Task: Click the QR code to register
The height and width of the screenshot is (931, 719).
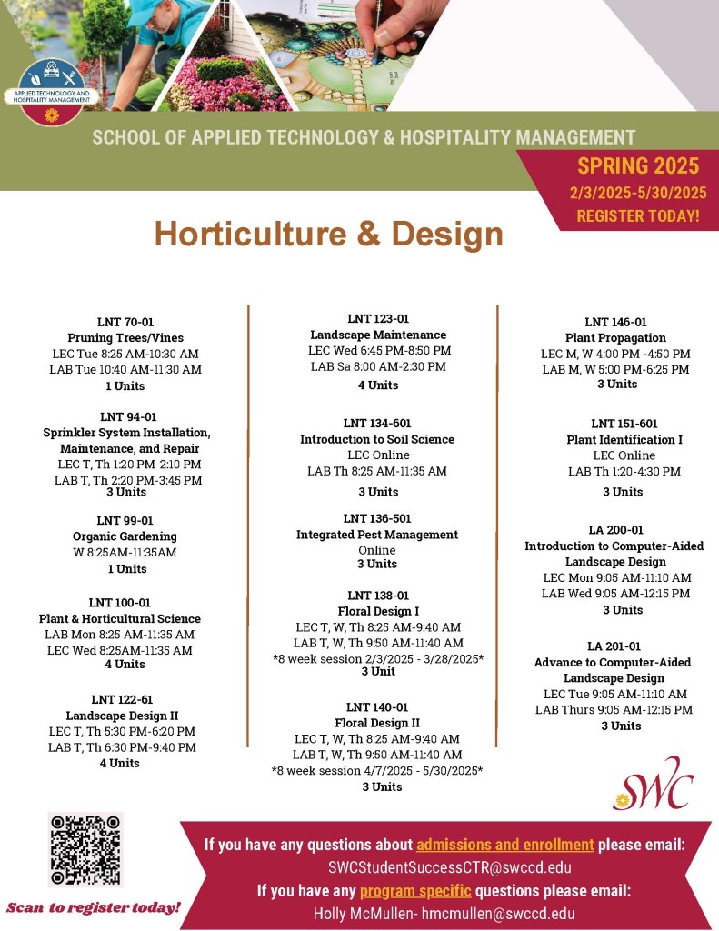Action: [85, 850]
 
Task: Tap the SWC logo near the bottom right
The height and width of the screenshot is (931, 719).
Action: [653, 784]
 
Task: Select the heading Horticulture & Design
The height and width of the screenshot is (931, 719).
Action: [328, 234]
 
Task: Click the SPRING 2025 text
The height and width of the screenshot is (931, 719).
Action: [638, 165]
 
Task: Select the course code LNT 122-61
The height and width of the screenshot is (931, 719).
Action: [122, 699]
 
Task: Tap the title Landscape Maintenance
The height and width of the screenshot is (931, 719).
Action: [378, 335]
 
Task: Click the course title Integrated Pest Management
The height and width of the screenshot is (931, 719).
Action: [377, 535]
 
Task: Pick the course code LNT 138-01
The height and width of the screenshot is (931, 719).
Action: [377, 596]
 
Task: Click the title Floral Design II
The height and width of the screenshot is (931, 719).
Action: [377, 723]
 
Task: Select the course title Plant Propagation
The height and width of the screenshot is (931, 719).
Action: [615, 337]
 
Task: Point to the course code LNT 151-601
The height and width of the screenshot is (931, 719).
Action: [624, 424]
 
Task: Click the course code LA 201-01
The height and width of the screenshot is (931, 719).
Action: [614, 646]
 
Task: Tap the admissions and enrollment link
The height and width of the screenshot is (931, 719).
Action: [505, 844]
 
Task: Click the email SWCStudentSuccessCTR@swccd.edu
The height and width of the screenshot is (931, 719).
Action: [450, 866]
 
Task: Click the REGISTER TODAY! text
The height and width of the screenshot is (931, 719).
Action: [638, 216]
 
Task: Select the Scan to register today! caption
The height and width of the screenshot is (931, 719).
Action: [94, 907]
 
